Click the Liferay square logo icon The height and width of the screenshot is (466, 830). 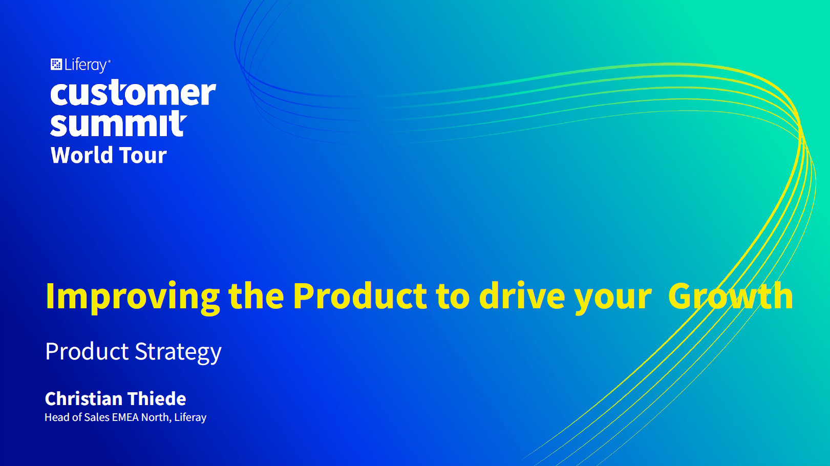(56, 64)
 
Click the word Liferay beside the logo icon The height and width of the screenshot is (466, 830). (87, 65)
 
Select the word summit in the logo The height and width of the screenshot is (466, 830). (118, 123)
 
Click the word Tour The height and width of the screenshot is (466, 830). (143, 155)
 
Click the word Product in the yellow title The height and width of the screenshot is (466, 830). (360, 296)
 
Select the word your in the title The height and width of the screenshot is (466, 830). (613, 299)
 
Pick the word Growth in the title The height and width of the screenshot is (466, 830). (730, 296)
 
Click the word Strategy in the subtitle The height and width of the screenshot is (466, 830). (178, 352)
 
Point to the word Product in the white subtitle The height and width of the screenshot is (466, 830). (87, 351)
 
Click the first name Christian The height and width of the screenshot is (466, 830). (84, 398)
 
